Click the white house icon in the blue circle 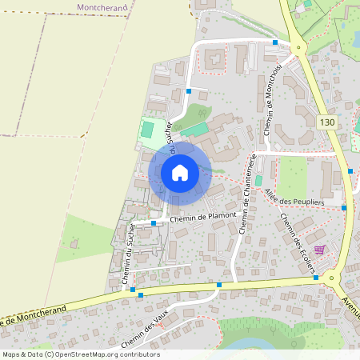coord(180,172)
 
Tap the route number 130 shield coord(326,122)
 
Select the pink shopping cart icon coord(320,251)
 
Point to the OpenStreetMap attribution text coord(80,354)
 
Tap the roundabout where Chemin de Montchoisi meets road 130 coord(298,48)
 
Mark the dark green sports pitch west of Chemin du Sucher coord(148,128)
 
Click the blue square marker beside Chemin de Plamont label coord(154,223)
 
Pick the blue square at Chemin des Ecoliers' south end coord(317,278)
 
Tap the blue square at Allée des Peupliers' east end coord(344,208)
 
